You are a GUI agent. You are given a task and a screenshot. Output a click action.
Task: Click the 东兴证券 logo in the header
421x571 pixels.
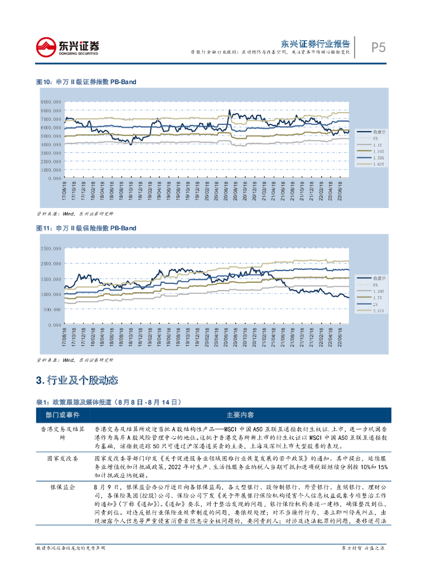66,47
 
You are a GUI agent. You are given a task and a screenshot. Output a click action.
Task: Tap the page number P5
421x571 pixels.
379,48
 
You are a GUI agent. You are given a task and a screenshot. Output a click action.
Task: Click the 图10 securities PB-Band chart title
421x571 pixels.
86,82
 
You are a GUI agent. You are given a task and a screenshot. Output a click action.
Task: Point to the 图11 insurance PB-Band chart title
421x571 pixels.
86,228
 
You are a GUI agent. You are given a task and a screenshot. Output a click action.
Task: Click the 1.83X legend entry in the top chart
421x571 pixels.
378,164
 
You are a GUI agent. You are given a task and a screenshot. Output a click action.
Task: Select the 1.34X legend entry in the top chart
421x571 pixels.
378,151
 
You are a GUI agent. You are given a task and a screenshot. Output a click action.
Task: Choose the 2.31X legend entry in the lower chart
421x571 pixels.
378,310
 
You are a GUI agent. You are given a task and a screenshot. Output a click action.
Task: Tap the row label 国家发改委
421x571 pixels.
62,458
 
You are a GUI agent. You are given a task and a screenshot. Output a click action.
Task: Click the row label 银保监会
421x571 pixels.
62,487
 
